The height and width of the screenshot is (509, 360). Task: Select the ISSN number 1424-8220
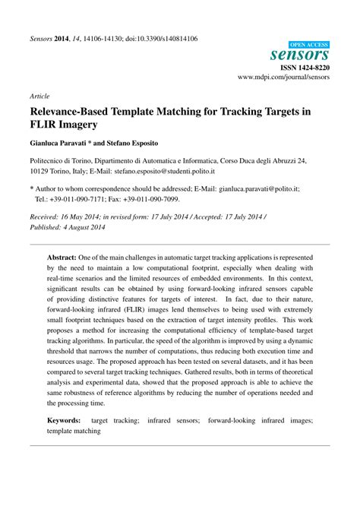pos(314,67)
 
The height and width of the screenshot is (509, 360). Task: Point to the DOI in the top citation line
pos(160,38)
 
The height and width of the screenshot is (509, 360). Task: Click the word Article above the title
pos(39,97)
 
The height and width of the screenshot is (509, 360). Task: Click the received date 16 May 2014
pos(88,216)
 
